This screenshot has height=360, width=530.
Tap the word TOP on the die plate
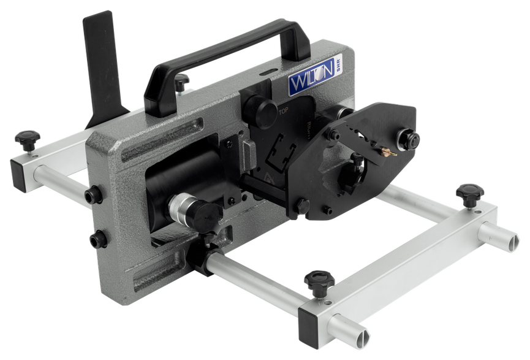coord(283,112)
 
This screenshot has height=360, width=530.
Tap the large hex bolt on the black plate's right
coord(410,139)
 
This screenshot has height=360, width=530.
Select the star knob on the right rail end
coord(470,191)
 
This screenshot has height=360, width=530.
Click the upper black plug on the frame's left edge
coord(93,196)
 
